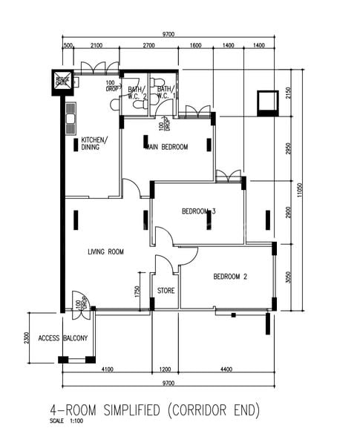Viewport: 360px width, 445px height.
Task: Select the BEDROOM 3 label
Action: [x=198, y=211]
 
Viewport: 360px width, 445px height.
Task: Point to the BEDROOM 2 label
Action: [x=229, y=277]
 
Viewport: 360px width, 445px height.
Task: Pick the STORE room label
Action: [x=166, y=291]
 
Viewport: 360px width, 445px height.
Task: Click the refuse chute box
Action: [x=62, y=82]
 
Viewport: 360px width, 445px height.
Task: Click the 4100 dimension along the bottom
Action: [x=107, y=369]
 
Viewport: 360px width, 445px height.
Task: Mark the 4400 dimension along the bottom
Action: [x=226, y=369]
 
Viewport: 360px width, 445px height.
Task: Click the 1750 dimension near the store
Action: [x=137, y=293]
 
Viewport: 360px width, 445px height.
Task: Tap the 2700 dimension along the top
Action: [x=148, y=46]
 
